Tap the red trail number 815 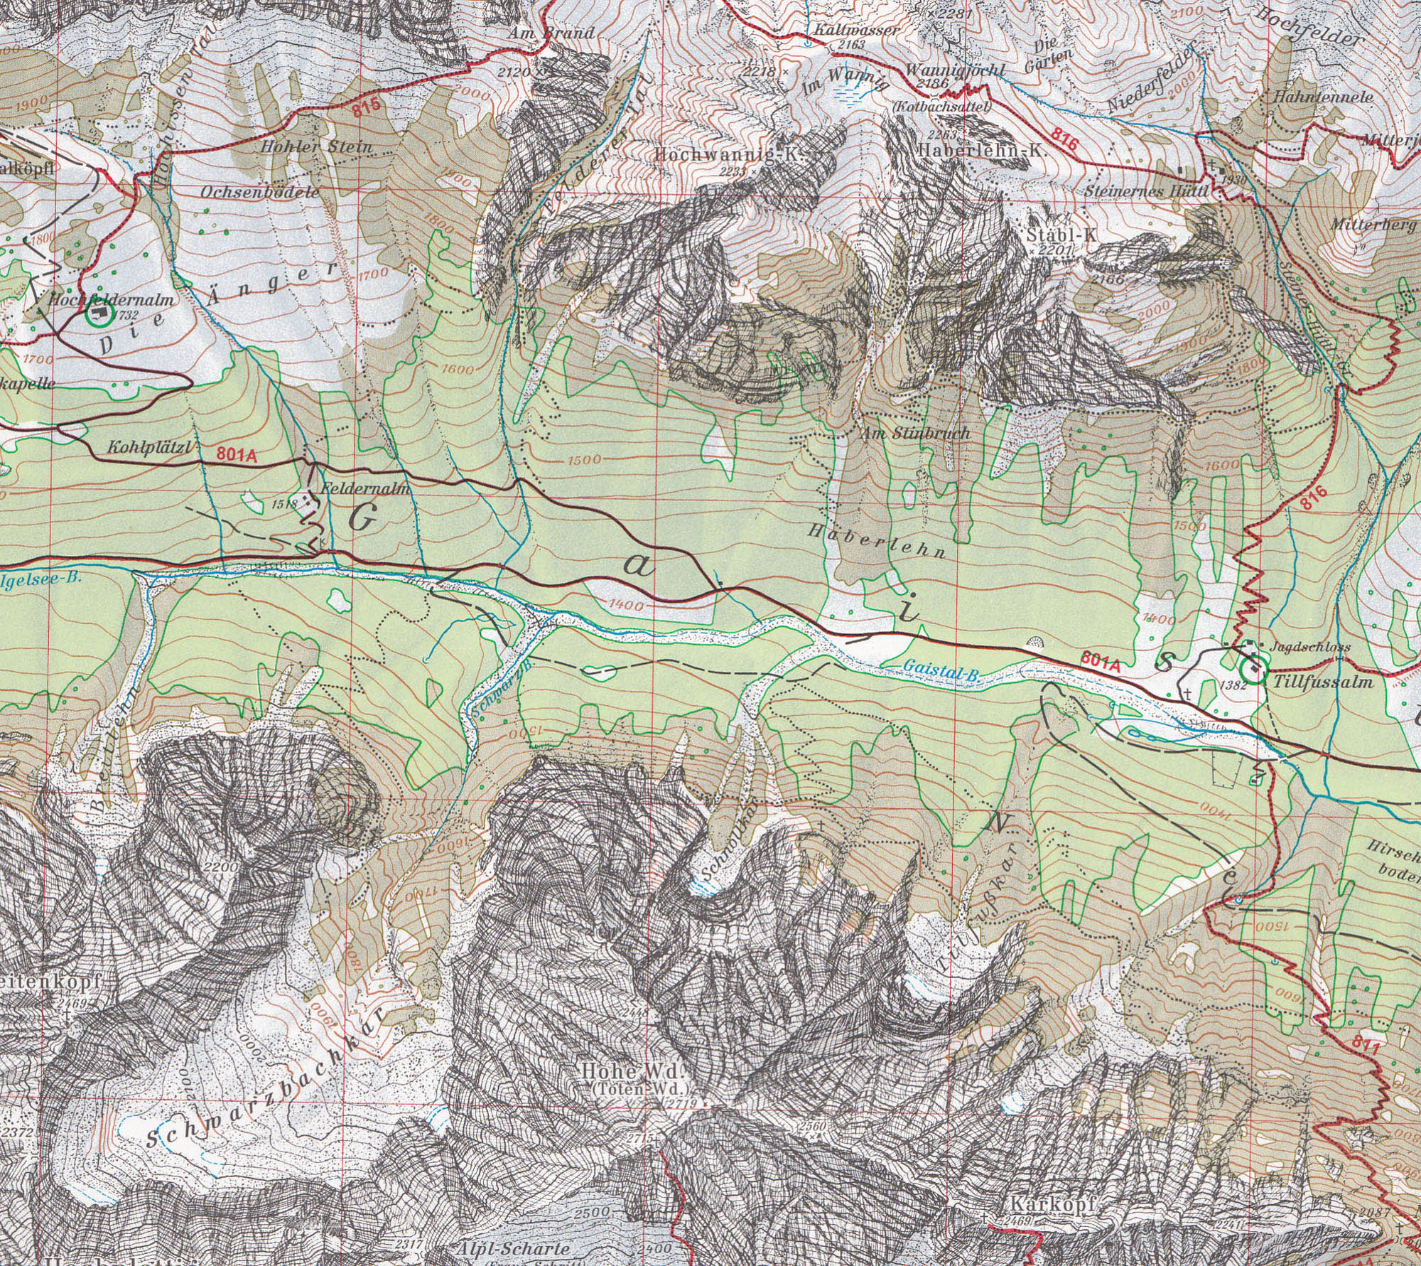point(370,110)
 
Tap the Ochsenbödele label point(260,192)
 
